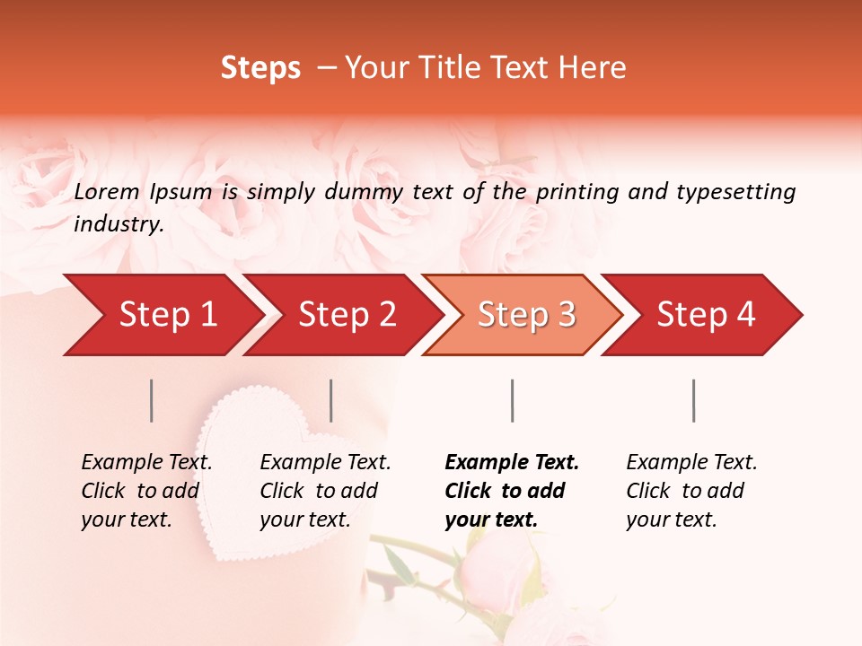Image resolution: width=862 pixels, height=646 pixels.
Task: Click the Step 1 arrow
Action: pos(162,315)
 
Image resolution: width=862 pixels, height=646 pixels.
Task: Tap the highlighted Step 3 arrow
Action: pos(524,315)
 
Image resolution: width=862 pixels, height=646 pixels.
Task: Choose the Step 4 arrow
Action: pos(704,315)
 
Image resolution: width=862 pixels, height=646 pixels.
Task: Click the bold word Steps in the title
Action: pos(260,68)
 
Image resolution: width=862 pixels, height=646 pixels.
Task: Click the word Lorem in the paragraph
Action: pos(107,191)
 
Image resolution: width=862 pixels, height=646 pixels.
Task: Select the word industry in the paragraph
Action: pos(118,224)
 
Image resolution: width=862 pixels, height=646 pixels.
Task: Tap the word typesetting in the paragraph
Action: pos(731,191)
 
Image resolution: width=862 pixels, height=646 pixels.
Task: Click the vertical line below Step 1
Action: pos(152,400)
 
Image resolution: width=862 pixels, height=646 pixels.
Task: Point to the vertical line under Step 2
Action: pos(331,400)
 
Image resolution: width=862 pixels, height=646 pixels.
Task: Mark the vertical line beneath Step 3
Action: pos(513,400)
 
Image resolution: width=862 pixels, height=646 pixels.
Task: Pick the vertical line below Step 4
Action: pos(694,400)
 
